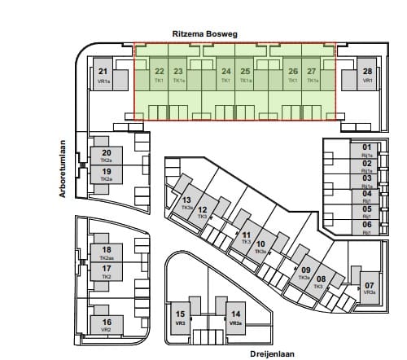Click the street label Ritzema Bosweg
[203, 33]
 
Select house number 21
[103, 72]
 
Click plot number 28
[368, 72]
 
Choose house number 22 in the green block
[159, 72]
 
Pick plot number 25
[246, 72]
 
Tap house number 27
[312, 72]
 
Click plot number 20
[106, 152]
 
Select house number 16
[106, 322]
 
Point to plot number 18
[106, 249]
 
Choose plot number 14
[236, 314]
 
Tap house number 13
[186, 200]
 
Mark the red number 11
[246, 235]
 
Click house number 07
[370, 284]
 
